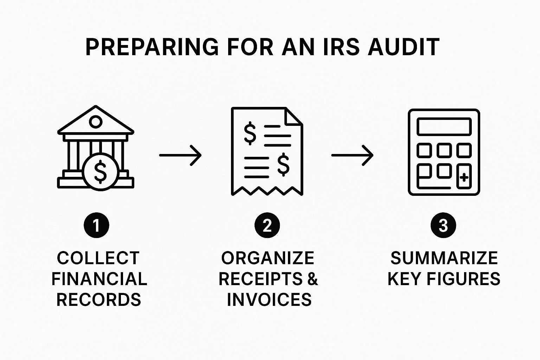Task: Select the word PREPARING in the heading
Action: (x=152, y=47)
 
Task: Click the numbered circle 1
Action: (x=96, y=225)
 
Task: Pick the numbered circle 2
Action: (x=267, y=225)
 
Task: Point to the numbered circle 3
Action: (x=443, y=225)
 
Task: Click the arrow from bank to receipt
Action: (x=180, y=155)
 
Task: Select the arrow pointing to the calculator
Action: (x=352, y=155)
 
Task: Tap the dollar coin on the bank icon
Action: (x=100, y=172)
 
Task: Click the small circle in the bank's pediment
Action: (x=95, y=122)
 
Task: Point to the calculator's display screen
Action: (x=444, y=127)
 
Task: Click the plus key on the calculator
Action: (x=464, y=177)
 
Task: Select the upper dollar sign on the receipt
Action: (x=250, y=133)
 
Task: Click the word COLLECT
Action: (x=98, y=258)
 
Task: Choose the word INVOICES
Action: (x=269, y=300)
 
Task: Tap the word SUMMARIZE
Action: (x=444, y=258)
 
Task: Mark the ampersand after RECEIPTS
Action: (x=312, y=279)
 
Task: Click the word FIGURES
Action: (x=463, y=279)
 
